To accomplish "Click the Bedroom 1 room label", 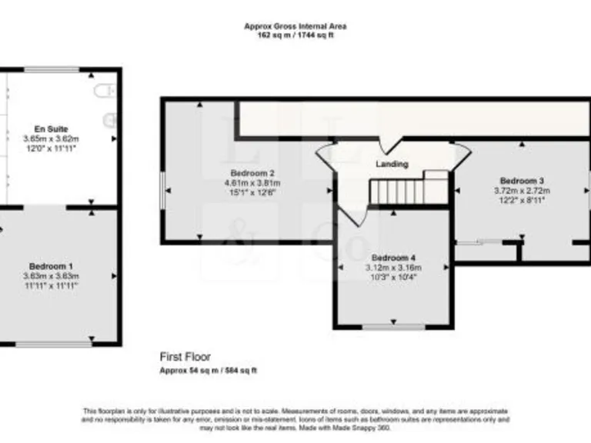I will [x=52, y=265].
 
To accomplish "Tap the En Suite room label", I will [x=52, y=128].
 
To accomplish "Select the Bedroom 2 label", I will [x=252, y=173].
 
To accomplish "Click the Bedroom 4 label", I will [x=392, y=257].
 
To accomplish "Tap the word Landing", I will [x=392, y=164].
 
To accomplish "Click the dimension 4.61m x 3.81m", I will [x=252, y=183].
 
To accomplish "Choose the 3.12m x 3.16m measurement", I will [x=392, y=267].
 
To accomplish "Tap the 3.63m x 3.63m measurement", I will [x=52, y=275].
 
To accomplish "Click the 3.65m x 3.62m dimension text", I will [x=52, y=138].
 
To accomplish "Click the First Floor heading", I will [x=185, y=357].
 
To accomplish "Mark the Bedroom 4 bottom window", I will [x=393, y=327].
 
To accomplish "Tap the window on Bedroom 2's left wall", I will [x=162, y=189].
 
